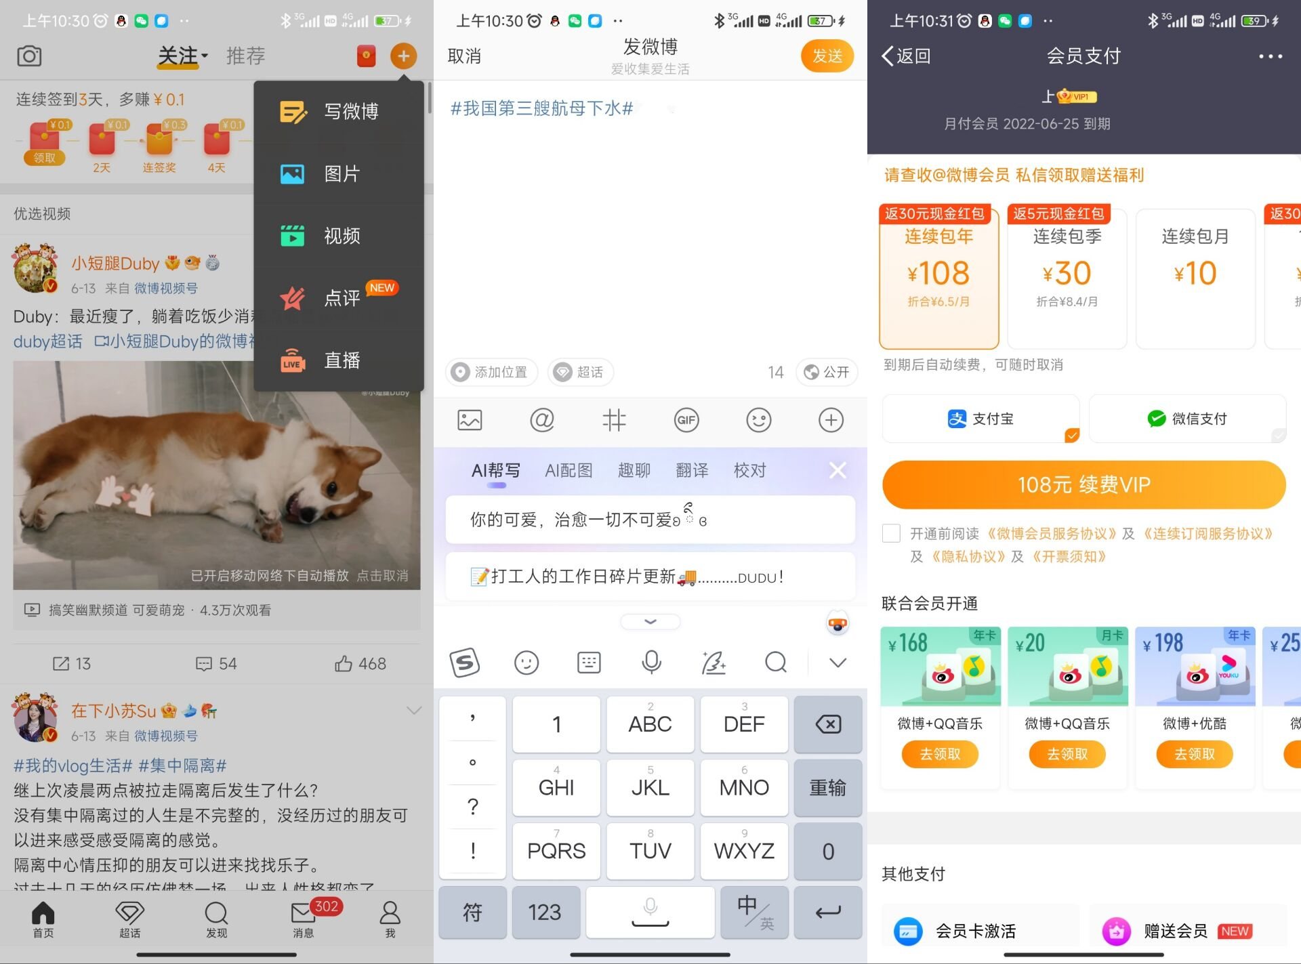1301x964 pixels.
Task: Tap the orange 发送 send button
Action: click(x=827, y=56)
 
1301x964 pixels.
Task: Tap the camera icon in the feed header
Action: click(x=29, y=56)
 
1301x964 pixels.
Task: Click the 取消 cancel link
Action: click(x=464, y=56)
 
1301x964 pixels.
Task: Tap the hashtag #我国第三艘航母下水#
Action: click(x=541, y=108)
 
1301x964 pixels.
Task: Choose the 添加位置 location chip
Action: click(x=491, y=372)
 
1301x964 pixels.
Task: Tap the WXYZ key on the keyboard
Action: click(x=743, y=851)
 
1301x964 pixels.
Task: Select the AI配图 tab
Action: click(x=569, y=470)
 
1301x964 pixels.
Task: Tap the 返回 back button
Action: click(x=906, y=56)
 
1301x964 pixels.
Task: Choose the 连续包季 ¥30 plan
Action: click(x=1067, y=278)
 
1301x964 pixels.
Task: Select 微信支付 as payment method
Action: click(x=1187, y=419)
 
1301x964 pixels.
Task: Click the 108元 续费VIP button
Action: click(x=1083, y=484)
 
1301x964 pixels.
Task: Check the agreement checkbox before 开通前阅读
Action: click(x=891, y=533)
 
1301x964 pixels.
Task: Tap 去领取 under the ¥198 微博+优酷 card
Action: click(x=1194, y=754)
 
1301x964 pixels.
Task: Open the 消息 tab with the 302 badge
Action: click(x=304, y=918)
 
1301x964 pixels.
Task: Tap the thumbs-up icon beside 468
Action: click(x=344, y=663)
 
